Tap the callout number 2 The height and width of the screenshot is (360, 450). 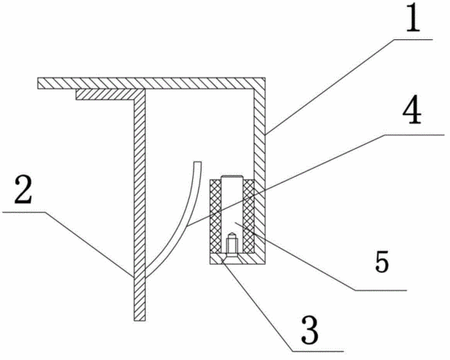point(23,190)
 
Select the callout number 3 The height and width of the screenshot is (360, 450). point(310,330)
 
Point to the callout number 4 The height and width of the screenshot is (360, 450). point(412,110)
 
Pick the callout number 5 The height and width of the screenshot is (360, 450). point(382,262)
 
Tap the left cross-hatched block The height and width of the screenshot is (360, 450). point(215,217)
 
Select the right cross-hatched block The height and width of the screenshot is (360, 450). point(248,217)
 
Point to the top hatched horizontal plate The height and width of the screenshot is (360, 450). point(151,83)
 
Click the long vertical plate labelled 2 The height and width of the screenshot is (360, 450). point(140,205)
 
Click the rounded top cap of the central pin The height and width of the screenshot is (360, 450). point(232,177)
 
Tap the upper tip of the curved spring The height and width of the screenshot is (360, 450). point(198,162)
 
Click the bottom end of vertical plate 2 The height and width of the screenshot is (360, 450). point(140,320)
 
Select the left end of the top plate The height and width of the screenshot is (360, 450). point(38,83)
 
